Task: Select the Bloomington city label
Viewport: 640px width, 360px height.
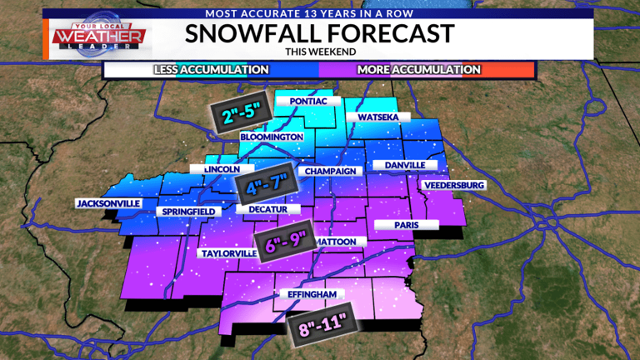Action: [270, 137]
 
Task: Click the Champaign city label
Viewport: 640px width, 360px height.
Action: [331, 171]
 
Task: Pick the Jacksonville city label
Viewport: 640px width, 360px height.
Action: [108, 203]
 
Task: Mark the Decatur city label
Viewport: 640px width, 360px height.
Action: [267, 209]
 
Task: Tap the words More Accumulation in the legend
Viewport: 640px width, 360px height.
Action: [418, 69]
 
